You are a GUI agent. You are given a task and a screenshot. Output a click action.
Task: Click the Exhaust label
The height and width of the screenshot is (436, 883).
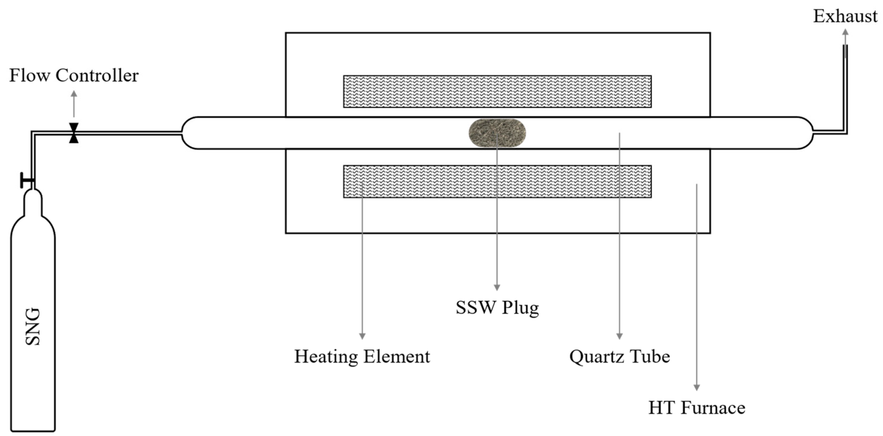[x=845, y=16]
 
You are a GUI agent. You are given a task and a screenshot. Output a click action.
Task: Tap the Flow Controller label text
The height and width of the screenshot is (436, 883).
[x=74, y=75]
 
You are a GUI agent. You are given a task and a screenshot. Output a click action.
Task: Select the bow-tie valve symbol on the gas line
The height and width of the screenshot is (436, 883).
[x=74, y=133]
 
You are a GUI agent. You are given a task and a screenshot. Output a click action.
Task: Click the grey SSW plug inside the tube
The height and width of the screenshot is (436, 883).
[x=497, y=133]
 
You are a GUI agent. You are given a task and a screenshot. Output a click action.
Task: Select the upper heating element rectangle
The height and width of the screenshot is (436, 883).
[x=497, y=91]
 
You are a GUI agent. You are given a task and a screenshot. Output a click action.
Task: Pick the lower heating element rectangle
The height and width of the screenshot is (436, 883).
[x=497, y=181]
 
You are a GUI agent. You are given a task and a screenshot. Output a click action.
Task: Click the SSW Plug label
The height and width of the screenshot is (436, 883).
[x=497, y=307]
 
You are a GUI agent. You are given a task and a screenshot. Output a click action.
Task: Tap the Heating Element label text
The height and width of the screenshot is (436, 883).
[x=362, y=357]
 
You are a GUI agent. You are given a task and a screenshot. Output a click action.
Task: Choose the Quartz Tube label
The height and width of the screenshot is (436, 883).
[x=619, y=357]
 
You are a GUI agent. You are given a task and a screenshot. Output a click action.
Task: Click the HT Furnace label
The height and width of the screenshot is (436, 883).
[x=697, y=408]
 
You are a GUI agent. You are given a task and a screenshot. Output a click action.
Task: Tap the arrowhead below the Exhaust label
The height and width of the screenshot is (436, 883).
[x=845, y=32]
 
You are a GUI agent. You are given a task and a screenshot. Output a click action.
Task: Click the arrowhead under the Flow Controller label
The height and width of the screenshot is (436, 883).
[x=74, y=94]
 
